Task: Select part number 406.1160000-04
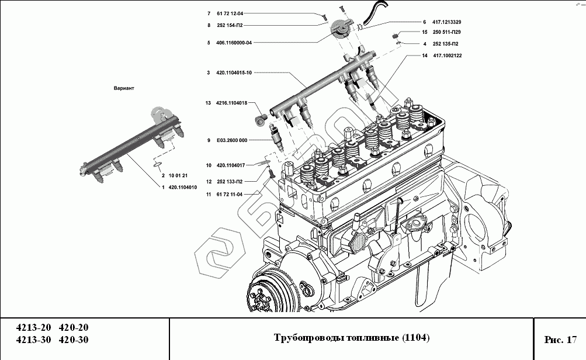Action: coord(233,43)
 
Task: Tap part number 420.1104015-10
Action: coord(233,73)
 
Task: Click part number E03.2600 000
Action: coord(232,140)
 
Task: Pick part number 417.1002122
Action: coord(447,56)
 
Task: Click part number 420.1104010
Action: coord(182,188)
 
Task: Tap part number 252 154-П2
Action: coord(230,25)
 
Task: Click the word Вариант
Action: coord(124,88)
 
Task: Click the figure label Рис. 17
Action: coord(560,339)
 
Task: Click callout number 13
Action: coord(207,103)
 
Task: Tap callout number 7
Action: coord(209,13)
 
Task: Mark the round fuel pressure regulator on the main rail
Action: coord(341,27)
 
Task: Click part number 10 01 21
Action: coord(178,175)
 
